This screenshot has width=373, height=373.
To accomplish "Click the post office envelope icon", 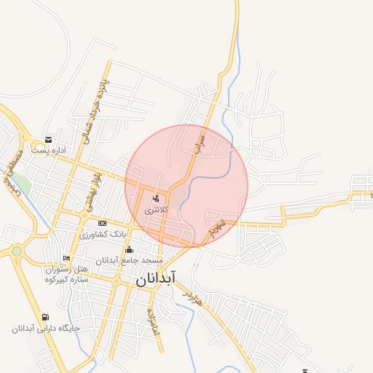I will tap(48, 139).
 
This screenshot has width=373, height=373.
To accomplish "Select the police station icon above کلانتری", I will tap(156, 197).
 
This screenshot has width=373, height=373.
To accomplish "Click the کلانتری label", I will tap(156, 209).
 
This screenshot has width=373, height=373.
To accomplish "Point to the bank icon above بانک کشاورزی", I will tap(103, 223).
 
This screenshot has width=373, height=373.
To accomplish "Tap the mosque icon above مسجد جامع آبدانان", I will tap(129, 250).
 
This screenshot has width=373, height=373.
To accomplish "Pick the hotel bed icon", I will tap(67, 259).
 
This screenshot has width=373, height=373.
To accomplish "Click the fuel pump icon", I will tap(47, 317).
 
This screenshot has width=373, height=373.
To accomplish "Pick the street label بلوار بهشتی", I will tap(93, 191).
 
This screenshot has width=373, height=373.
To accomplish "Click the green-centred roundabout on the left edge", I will tap(16, 251).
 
